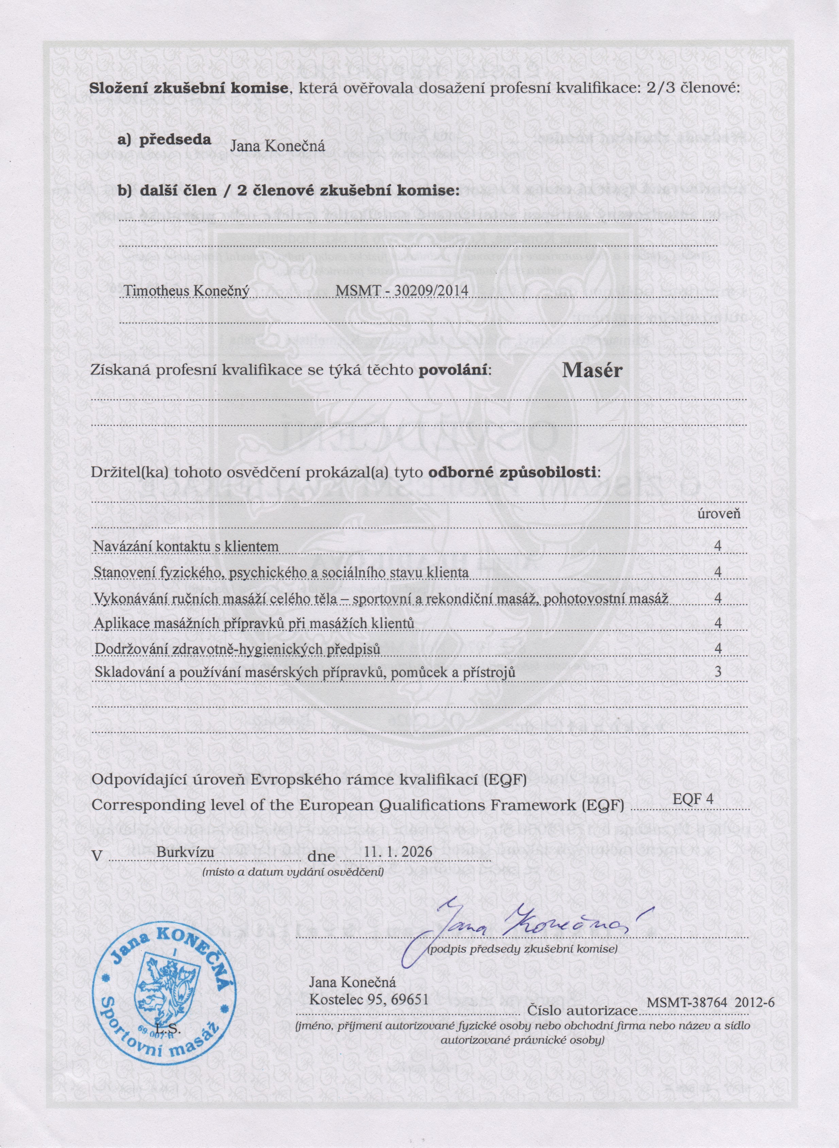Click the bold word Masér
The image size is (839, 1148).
point(592,371)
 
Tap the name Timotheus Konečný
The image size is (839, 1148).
point(186,292)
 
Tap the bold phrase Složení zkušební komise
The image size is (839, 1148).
point(189,87)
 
